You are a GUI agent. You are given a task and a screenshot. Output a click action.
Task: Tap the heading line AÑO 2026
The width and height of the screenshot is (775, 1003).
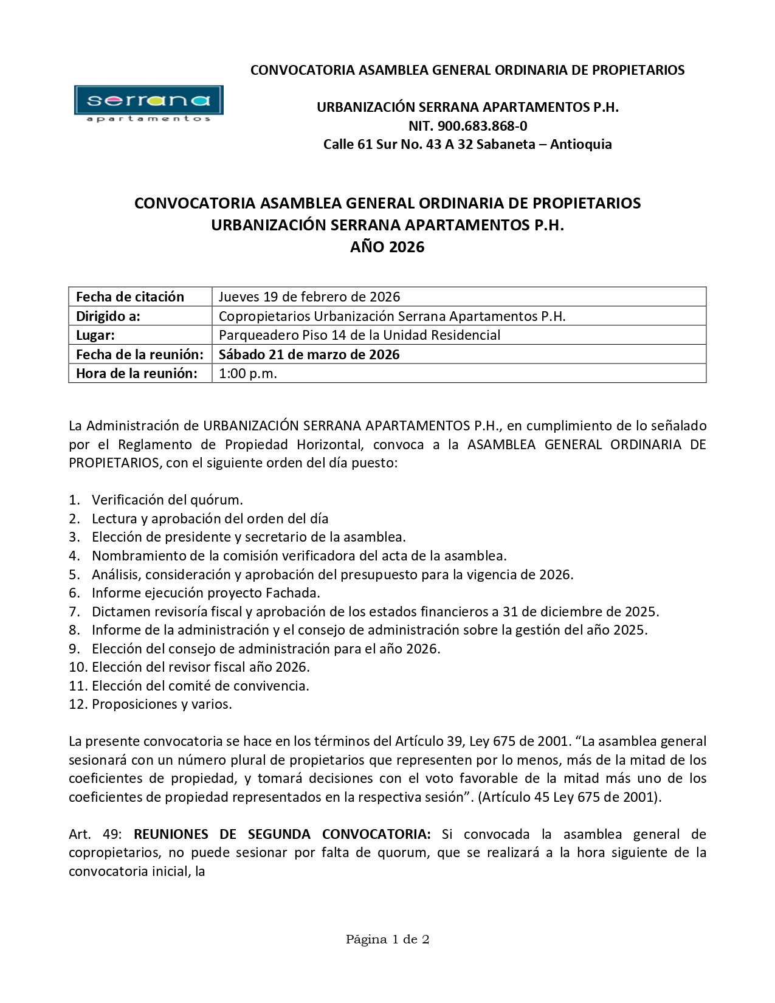pos(387,247)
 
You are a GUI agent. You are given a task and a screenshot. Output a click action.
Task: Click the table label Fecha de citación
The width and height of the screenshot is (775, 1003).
pos(129,297)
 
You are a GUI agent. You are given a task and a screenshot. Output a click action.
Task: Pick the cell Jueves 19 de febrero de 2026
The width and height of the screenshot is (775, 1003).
pos(309,297)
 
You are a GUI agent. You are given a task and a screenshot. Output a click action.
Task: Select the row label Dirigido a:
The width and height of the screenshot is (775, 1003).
pos(108,316)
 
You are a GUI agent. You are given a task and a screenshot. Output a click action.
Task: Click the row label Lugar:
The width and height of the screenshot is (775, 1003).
pos(95,335)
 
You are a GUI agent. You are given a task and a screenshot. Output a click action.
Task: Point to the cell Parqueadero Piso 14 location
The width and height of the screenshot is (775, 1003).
pos(359,335)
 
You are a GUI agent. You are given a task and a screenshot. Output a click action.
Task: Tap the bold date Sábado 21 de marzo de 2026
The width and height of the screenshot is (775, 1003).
pos(309,354)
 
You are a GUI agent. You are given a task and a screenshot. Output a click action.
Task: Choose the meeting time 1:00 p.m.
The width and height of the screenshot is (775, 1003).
pos(247,373)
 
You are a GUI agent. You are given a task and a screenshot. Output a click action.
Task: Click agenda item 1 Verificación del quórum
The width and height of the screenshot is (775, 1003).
pos(167,500)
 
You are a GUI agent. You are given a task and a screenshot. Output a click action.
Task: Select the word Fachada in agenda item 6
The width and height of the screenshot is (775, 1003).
pos(294,593)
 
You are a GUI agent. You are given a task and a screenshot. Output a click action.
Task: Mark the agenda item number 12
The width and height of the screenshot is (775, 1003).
pos(78,705)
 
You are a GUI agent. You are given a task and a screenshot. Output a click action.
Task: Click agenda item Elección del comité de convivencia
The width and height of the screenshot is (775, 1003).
pos(201,686)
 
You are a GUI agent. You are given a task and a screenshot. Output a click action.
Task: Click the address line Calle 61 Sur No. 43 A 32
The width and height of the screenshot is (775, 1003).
pos(398,145)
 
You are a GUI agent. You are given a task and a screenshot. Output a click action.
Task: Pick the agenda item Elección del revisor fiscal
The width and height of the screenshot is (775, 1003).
pos(201,667)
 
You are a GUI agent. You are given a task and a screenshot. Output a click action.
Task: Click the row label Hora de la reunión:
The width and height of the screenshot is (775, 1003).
pos(136,373)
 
